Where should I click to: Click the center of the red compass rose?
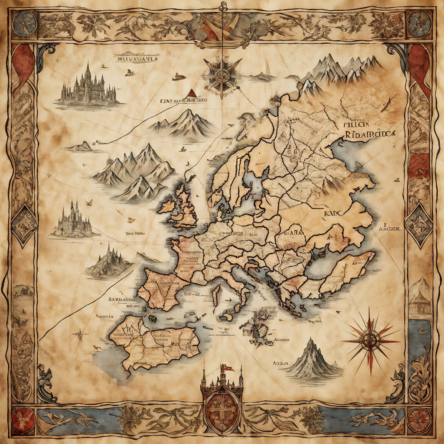[x=370, y=340]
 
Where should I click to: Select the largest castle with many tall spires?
[x=88, y=86]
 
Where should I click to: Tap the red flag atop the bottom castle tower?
[x=227, y=368]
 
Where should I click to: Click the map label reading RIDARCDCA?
[x=369, y=134]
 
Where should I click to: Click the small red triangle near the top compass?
[x=190, y=93]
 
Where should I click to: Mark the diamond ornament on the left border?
[x=24, y=225]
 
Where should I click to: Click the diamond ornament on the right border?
[x=419, y=225]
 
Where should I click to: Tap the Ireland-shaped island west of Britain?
[x=168, y=206]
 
